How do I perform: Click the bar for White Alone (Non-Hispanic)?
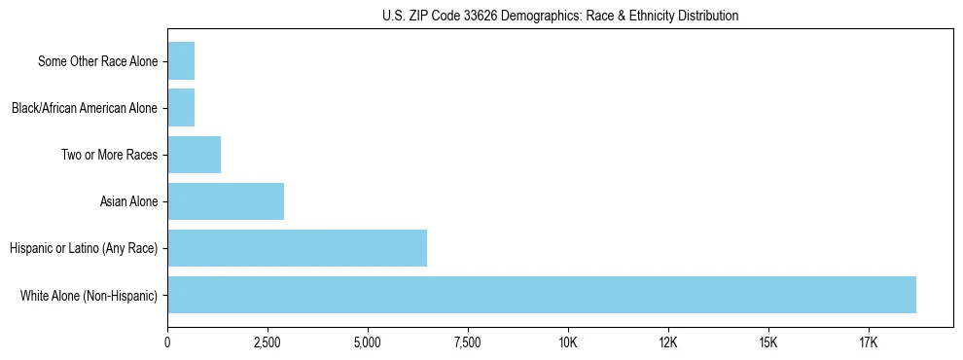(542, 295)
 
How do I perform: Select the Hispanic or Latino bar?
(297, 248)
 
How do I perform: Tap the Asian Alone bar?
(226, 201)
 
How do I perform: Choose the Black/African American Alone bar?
(181, 108)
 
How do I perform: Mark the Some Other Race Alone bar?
(181, 61)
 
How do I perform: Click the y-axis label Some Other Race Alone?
(97, 61)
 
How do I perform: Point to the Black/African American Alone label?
(84, 108)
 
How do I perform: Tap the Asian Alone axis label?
(128, 201)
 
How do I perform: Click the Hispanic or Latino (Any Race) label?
(84, 248)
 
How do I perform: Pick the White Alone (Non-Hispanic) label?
(89, 295)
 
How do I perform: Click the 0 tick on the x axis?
(167, 342)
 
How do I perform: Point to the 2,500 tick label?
(267, 342)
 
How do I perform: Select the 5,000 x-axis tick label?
(368, 342)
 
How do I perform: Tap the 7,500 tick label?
(468, 342)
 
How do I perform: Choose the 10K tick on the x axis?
(568, 342)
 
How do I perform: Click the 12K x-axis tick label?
(668, 342)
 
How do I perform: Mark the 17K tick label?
(869, 342)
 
